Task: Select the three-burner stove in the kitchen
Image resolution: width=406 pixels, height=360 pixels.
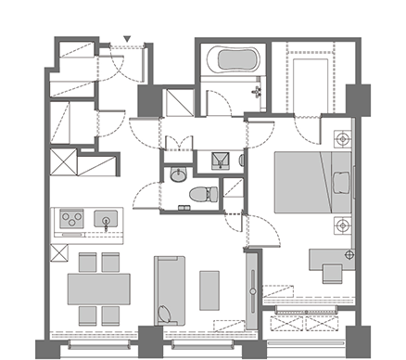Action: tap(71, 220)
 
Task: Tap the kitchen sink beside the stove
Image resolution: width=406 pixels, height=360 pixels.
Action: tap(106, 220)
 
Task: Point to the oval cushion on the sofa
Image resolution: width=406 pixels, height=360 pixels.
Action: tap(166, 312)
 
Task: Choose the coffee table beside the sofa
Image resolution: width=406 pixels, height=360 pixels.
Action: tap(209, 289)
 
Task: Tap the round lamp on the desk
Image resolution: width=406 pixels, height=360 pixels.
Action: tap(349, 254)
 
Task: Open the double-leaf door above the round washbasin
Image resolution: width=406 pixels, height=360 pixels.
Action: tap(179, 145)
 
